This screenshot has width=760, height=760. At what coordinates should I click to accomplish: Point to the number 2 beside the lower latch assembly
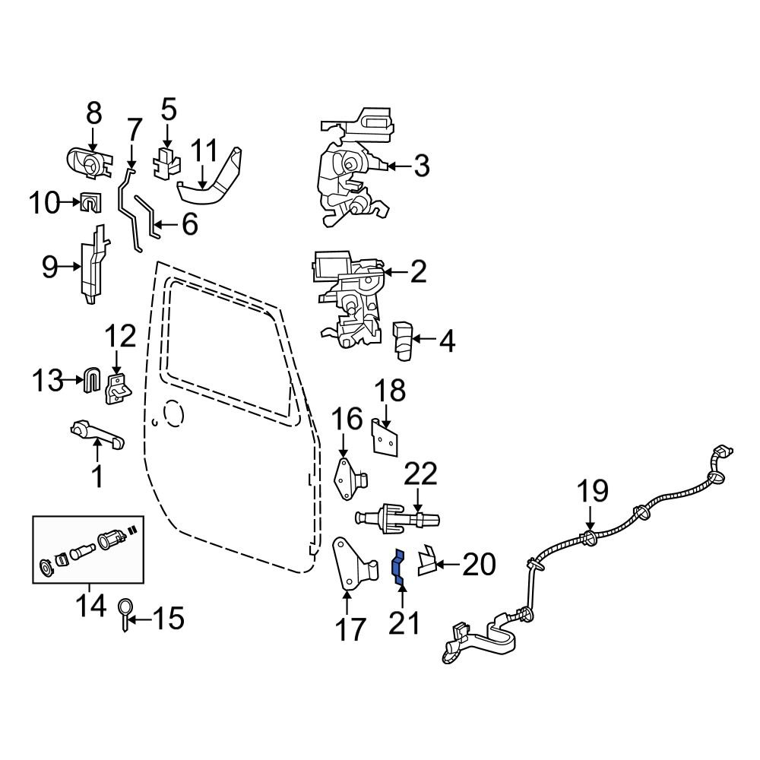(417, 271)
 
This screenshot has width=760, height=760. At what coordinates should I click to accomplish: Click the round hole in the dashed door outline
(174, 413)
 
